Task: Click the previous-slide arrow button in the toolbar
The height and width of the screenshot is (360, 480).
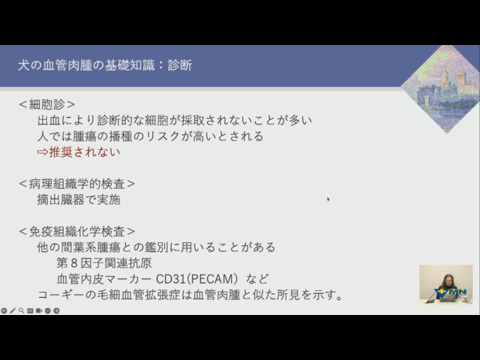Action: pos(4,310)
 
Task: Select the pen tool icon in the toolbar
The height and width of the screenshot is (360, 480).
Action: pos(13,310)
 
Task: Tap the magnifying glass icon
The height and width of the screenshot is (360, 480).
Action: pos(21,310)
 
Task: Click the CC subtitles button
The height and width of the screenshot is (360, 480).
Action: pos(30,310)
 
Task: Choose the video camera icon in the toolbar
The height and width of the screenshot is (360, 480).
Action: pos(39,310)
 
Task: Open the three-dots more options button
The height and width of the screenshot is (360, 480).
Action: pos(48,310)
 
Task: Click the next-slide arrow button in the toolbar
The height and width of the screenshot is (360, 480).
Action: pos(56,310)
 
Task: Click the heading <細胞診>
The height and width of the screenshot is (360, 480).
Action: pos(46,104)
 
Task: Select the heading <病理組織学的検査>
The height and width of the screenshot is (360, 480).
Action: pos(76,184)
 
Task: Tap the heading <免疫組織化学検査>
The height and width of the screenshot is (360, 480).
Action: pos(76,232)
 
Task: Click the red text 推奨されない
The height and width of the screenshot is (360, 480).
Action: pos(85,151)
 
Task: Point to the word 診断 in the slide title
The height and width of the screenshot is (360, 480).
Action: pos(180,65)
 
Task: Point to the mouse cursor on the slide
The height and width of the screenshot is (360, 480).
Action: pos(328,199)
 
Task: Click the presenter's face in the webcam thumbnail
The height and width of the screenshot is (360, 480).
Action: pos(448,280)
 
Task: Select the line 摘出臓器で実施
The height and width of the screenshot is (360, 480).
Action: pos(79,199)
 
